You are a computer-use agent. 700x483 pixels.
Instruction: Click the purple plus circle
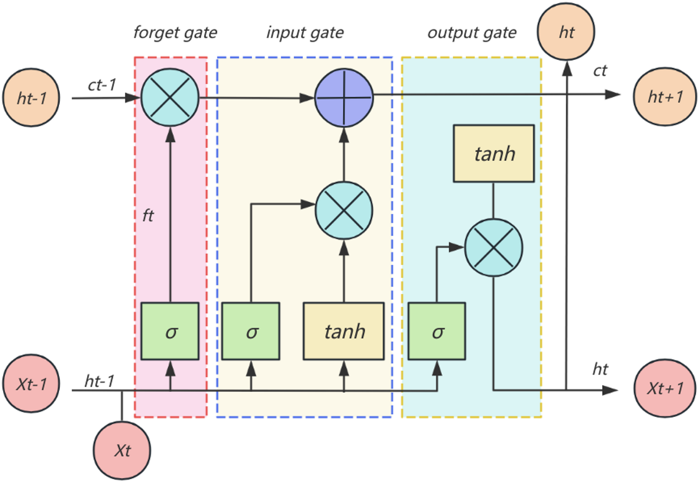point(344,97)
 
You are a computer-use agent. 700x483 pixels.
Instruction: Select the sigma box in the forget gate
point(170,331)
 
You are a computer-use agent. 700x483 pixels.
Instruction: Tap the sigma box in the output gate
point(436,331)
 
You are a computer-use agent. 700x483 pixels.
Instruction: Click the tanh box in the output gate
point(494,153)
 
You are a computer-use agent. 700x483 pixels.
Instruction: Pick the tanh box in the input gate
point(344,331)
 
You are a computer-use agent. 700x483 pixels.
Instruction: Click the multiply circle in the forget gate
point(170,97)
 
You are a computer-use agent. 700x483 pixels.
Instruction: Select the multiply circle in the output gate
point(494,248)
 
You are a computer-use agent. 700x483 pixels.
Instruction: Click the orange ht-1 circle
point(31,98)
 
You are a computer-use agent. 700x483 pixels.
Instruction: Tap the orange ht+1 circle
point(664,97)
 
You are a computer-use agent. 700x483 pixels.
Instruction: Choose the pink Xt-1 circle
point(31,384)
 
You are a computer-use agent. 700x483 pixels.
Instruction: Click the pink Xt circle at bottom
point(122,450)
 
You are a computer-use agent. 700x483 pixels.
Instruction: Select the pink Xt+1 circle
point(664,388)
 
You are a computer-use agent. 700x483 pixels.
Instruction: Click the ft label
point(148,216)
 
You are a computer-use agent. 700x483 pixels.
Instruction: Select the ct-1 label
point(101,85)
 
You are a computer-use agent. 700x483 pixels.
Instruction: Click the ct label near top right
point(600,71)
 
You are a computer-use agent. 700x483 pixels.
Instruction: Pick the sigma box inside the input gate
point(251,331)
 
